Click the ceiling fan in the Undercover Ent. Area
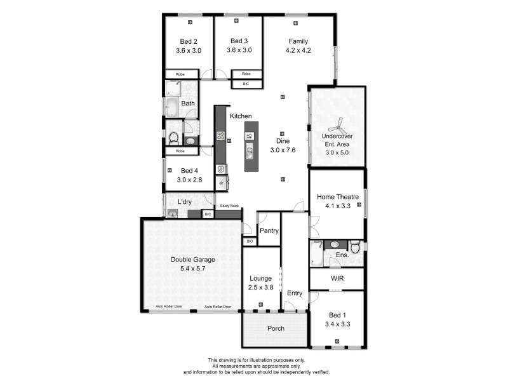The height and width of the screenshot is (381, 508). [337, 124]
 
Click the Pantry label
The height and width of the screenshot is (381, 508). [269, 231]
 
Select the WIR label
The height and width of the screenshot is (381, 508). [337, 278]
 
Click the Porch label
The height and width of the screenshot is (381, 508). [276, 328]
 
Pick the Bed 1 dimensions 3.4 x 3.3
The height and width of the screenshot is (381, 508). [337, 324]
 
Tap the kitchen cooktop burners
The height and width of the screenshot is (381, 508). [221, 135]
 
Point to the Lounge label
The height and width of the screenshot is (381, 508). [261, 278]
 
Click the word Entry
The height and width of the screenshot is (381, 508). [295, 293]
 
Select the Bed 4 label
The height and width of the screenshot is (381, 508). [190, 170]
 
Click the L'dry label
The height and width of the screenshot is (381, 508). [185, 202]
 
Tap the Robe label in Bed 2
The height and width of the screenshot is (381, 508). [180, 74]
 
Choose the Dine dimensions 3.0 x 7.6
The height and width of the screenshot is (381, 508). [283, 150]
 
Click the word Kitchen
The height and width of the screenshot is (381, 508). [241, 116]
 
